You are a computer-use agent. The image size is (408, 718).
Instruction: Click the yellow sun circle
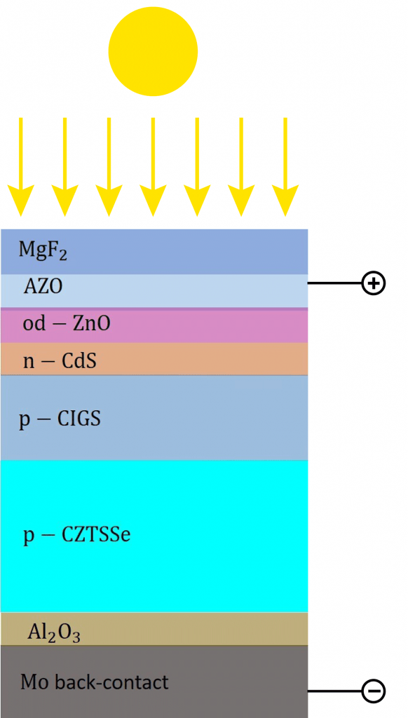tap(153, 51)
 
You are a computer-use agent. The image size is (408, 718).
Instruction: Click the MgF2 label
tap(43, 250)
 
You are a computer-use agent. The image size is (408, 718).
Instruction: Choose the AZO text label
tap(43, 287)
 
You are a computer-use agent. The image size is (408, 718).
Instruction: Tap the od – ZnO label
tap(67, 324)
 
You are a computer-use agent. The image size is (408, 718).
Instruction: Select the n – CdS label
tap(59, 360)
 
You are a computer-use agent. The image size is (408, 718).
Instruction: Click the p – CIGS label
tap(60, 419)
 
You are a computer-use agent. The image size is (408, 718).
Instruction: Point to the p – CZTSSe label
tap(77, 536)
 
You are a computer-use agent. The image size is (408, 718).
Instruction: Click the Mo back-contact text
tap(95, 682)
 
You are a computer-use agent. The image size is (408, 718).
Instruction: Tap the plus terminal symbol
tap(373, 283)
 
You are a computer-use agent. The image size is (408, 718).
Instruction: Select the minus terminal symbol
tap(373, 691)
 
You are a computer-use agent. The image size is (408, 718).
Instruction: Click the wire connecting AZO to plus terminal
tap(334, 283)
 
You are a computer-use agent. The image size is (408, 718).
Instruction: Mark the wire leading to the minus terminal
tap(334, 691)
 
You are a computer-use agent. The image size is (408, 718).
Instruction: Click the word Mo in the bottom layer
tap(32, 682)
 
